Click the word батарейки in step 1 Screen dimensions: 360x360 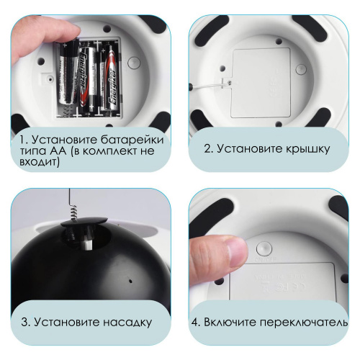pyautogui.click(x=132, y=140)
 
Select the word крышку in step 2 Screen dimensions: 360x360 pyautogui.click(x=308, y=149)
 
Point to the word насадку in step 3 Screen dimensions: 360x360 pyautogui.click(x=127, y=323)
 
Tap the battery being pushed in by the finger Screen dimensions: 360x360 pyautogui.click(x=68, y=71)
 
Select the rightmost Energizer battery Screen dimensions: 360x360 pyautogui.click(x=112, y=78)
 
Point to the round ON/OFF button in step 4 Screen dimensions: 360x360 pyautogui.click(x=264, y=249)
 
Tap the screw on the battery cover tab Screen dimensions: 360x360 pyautogui.click(x=229, y=82)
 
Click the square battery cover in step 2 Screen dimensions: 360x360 pyautogui.click(x=261, y=83)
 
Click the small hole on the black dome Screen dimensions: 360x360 pyautogui.click(x=130, y=281)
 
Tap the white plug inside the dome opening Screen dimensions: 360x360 pyautogui.click(x=88, y=244)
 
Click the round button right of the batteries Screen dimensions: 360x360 pyautogui.click(x=134, y=63)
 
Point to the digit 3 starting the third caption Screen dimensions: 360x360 pyautogui.click(x=24, y=323)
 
